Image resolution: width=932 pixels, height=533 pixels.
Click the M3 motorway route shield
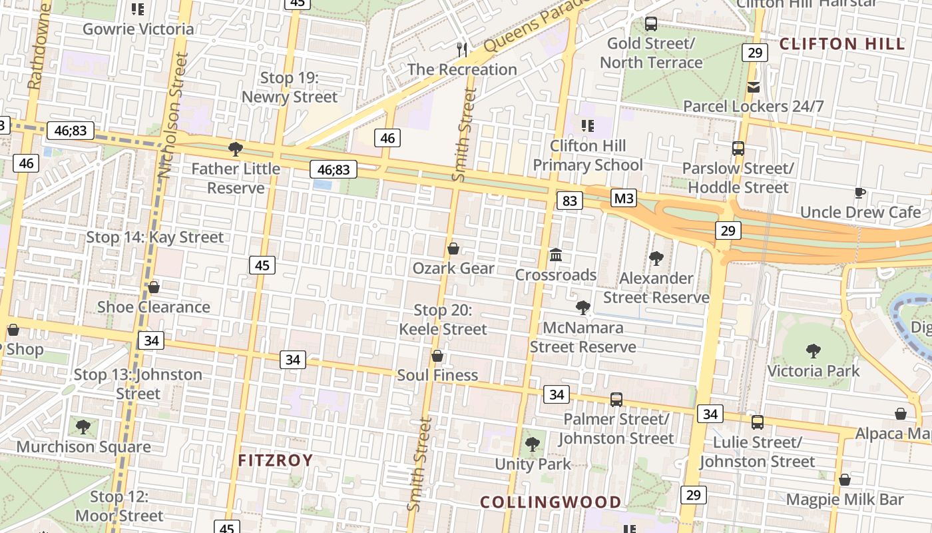623,198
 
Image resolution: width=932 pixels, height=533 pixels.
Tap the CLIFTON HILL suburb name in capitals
842,45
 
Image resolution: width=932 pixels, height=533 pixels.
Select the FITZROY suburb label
276,460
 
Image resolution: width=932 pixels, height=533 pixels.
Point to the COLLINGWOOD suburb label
551,502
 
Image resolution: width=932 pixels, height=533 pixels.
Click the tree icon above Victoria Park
813,351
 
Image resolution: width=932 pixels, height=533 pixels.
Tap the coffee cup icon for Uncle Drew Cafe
859,193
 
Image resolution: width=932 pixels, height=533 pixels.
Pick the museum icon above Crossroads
556,255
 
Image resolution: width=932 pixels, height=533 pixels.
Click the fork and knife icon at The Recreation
462,49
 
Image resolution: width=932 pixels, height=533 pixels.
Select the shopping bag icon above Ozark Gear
453,249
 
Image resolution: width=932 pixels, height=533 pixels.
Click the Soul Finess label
437,375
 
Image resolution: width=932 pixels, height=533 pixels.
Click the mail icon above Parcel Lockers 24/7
754,87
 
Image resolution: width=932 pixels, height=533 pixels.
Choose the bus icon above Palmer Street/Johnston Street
616,400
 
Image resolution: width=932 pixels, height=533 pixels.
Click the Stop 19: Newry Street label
290,87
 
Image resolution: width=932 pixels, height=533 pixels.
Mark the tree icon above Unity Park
532,444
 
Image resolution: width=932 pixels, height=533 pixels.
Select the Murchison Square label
84,446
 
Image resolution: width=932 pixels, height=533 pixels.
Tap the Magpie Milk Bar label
845,499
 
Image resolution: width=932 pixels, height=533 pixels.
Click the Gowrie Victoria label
138,29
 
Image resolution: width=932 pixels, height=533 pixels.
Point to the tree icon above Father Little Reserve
235,149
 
